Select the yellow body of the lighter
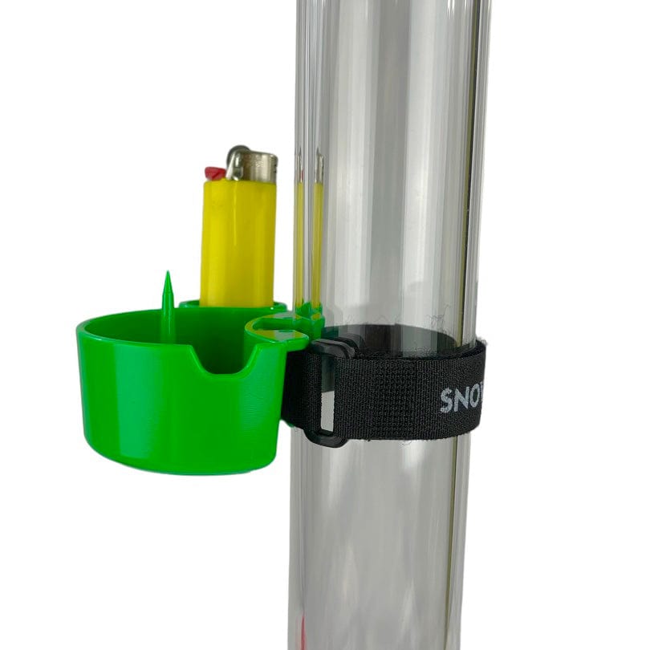point(238,241)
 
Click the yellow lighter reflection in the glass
point(308,241)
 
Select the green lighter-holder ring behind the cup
point(233,307)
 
